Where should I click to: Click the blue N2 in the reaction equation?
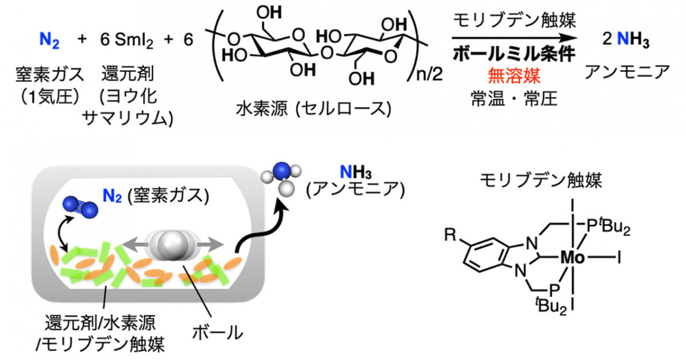click(x=49, y=41)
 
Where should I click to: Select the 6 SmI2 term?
click(x=126, y=41)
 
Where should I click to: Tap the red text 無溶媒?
click(x=514, y=76)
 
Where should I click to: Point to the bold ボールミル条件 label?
click(x=514, y=54)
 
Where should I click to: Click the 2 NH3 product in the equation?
click(x=625, y=40)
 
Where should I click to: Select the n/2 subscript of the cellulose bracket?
click(x=429, y=74)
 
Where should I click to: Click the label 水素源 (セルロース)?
click(x=313, y=109)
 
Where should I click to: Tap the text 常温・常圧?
click(x=514, y=99)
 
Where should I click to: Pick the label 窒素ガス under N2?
click(x=50, y=74)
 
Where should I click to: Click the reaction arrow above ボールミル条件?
click(x=514, y=38)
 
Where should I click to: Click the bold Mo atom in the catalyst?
click(x=572, y=258)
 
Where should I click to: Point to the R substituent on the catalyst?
click(x=450, y=235)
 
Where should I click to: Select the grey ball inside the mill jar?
click(x=172, y=245)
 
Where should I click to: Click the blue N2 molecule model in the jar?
click(x=80, y=207)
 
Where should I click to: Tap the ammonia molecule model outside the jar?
click(x=282, y=178)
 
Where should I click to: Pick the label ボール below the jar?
click(x=217, y=332)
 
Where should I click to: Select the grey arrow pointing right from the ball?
click(x=210, y=245)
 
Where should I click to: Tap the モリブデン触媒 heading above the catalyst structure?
click(x=541, y=180)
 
